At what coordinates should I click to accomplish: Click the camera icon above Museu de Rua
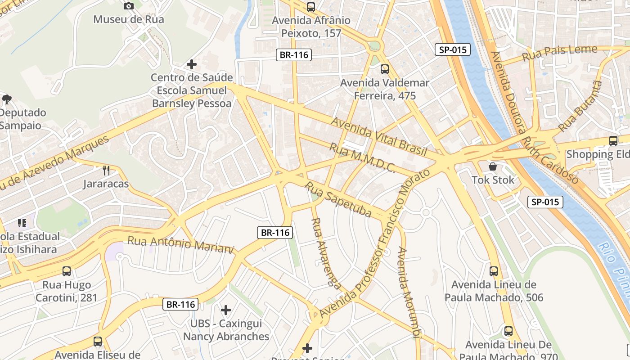tap(129, 6)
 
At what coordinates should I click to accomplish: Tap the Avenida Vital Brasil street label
tap(378, 136)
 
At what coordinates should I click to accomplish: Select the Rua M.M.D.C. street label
tap(362, 158)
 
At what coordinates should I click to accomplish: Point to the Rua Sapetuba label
tap(338, 199)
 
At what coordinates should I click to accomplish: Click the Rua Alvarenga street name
tap(326, 252)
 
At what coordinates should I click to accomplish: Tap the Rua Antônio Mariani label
tap(181, 244)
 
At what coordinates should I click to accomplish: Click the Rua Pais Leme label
tap(559, 54)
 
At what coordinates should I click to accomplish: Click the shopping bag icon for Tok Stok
tap(493, 166)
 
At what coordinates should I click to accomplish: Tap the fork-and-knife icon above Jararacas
tap(106, 170)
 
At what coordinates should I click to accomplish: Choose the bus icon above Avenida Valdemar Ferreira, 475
tap(384, 69)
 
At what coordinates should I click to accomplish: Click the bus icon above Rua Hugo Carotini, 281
tap(67, 271)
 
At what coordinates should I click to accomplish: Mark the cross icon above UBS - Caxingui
tap(226, 310)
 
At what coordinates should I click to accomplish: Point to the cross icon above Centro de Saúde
tap(192, 64)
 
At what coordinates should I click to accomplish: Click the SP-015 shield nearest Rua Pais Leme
tap(452, 49)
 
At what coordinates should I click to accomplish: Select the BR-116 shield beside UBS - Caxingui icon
tap(180, 304)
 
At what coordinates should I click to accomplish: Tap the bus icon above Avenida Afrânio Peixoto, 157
tap(310, 7)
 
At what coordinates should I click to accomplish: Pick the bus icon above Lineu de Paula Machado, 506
tap(494, 271)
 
